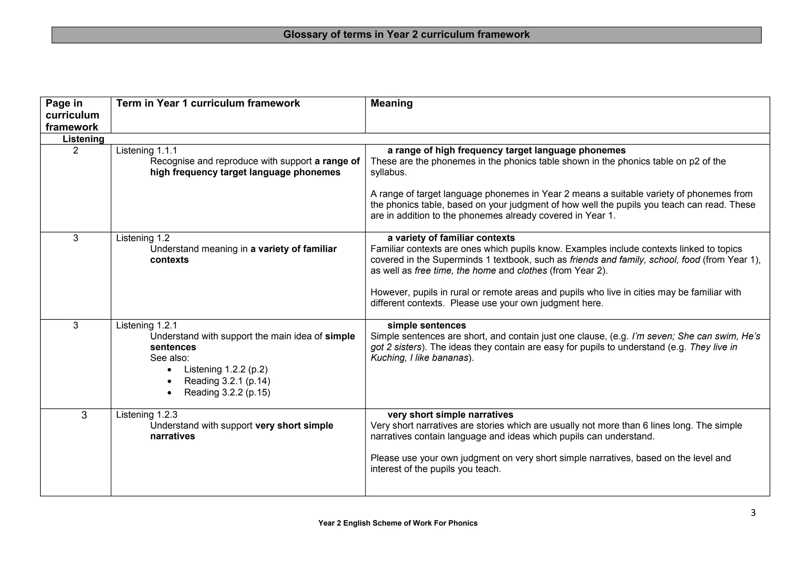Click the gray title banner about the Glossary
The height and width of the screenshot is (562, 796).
406,35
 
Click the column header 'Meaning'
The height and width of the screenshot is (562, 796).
391,103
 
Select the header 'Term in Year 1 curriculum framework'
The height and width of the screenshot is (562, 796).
208,103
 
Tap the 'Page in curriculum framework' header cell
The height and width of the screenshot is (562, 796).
72,115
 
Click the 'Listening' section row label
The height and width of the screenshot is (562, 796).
83,139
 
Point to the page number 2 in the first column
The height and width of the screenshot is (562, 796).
75,151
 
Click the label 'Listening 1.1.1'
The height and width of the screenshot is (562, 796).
147,151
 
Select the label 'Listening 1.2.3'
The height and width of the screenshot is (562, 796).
147,415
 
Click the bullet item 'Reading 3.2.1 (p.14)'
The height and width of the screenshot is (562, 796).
227,381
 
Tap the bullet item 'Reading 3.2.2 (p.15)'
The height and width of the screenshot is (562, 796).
227,392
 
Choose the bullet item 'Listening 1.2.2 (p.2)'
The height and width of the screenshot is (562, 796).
226,369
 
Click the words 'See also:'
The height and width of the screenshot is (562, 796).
169,358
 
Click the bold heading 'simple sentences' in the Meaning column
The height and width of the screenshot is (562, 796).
426,325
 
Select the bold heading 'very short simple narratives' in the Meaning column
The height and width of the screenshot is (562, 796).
450,415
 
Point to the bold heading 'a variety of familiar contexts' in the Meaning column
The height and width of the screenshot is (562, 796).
451,238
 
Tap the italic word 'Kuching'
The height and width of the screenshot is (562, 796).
388,358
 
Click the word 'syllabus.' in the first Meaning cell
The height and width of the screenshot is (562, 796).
388,172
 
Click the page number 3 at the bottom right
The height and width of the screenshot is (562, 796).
753,513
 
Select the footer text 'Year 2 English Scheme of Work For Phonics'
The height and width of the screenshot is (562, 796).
398,523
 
